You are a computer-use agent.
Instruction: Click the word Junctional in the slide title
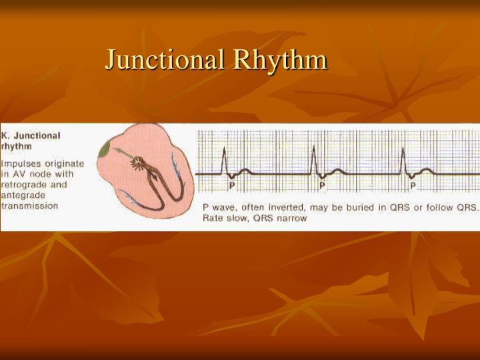coord(165,60)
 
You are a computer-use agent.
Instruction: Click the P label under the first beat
coord(232,185)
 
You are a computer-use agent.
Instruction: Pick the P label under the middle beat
coord(322,185)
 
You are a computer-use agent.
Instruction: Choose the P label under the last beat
coord(413,185)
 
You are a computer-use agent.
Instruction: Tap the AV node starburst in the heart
coord(138,161)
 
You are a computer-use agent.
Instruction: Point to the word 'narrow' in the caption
coord(293,219)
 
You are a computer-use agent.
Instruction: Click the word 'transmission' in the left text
coord(30,206)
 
